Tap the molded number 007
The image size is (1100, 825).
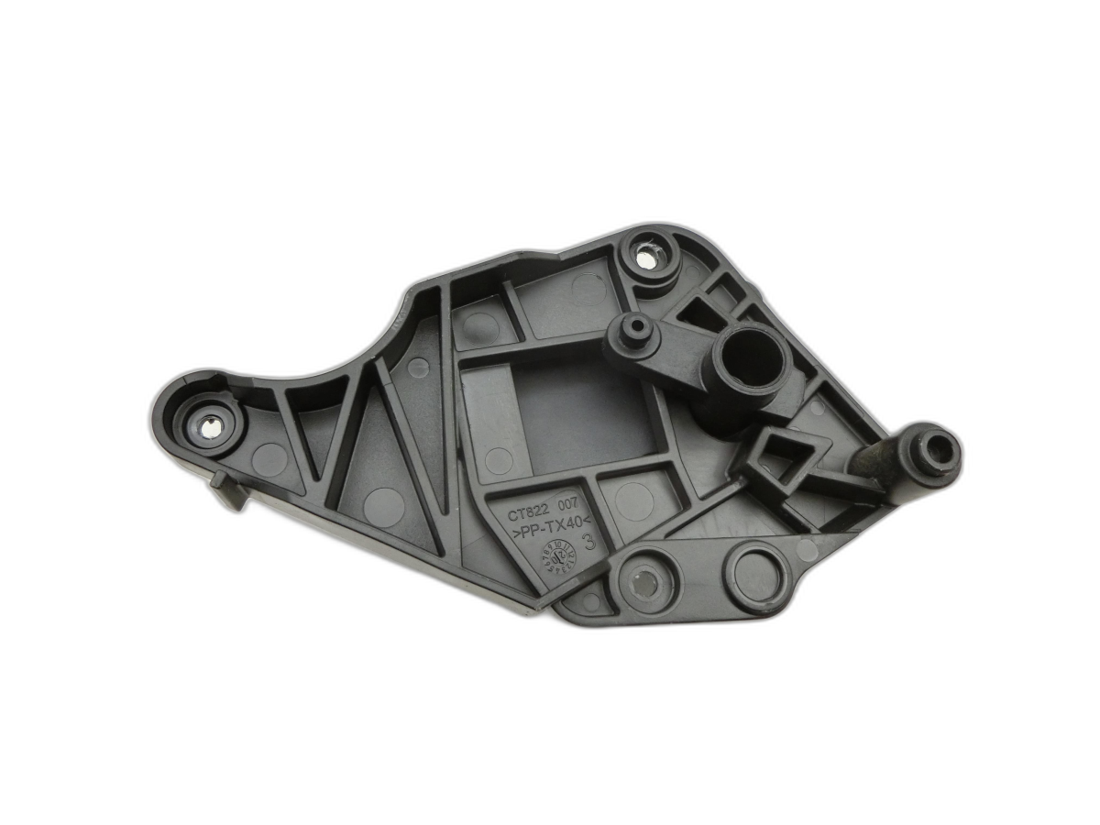pyautogui.click(x=573, y=518)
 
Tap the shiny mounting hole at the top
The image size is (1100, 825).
pyautogui.click(x=646, y=259)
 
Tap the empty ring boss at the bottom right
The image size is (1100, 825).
pyautogui.click(x=758, y=575)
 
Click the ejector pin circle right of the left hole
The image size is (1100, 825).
pyautogui.click(x=269, y=458)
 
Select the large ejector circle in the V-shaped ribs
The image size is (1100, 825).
pyautogui.click(x=383, y=507)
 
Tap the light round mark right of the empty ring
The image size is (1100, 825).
pyautogui.click(x=808, y=550)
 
